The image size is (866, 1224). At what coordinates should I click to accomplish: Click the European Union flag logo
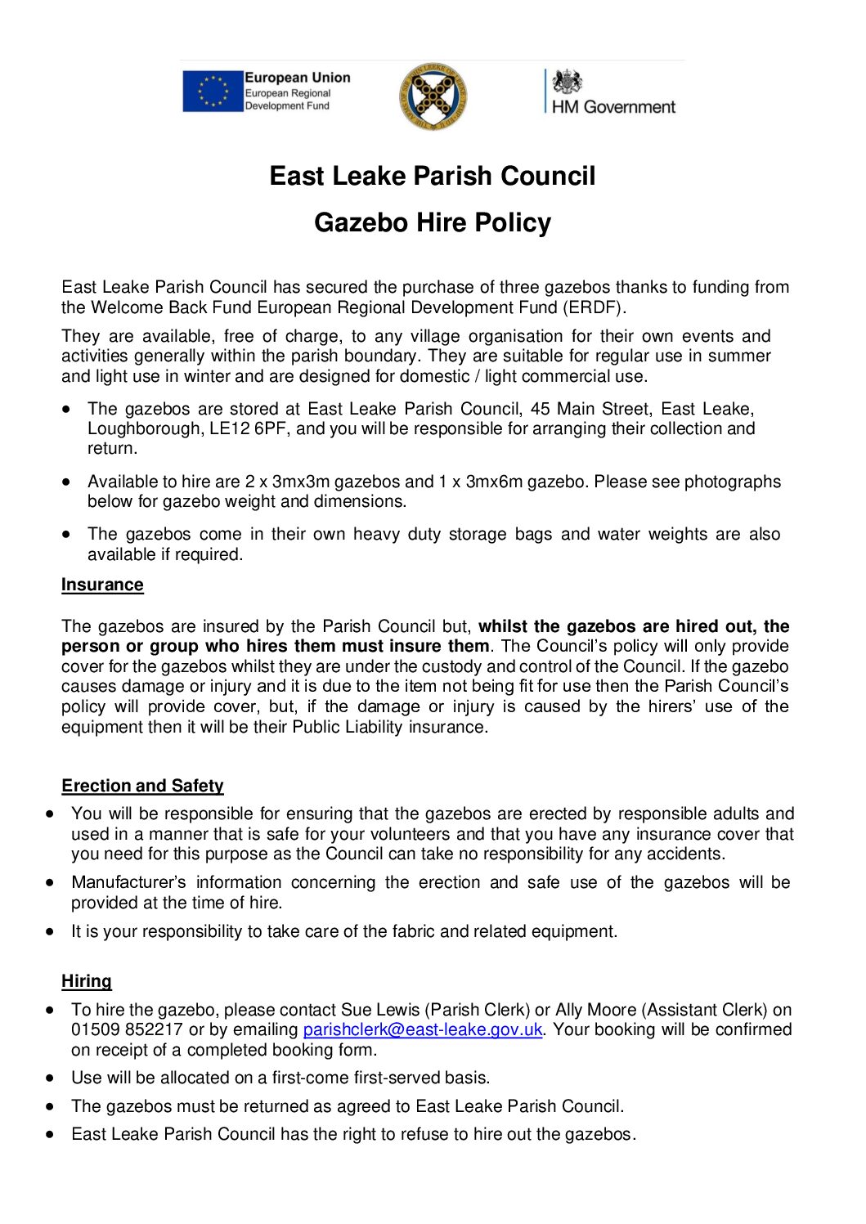(x=212, y=91)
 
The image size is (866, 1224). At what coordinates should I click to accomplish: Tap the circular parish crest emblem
(x=433, y=96)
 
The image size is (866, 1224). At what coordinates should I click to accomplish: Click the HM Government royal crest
(x=567, y=82)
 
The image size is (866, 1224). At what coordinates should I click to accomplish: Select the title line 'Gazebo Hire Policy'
(x=433, y=222)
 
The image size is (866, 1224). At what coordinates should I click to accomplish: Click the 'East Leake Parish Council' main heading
(x=433, y=176)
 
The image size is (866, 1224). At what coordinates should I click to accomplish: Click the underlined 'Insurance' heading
(x=102, y=585)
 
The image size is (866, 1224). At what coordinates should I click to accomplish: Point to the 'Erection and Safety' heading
(x=142, y=786)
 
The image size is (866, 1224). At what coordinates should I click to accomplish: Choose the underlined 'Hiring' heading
(x=87, y=981)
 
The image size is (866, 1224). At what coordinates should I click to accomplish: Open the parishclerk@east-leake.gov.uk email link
(x=422, y=1030)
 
